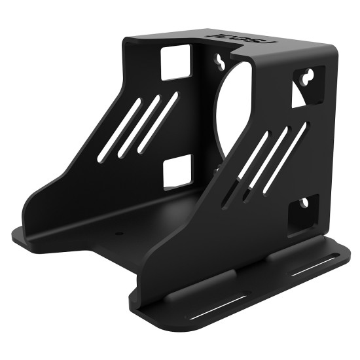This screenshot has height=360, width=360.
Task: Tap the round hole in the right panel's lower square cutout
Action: point(304,205)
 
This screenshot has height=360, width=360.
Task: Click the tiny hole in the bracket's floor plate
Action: point(118,232)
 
